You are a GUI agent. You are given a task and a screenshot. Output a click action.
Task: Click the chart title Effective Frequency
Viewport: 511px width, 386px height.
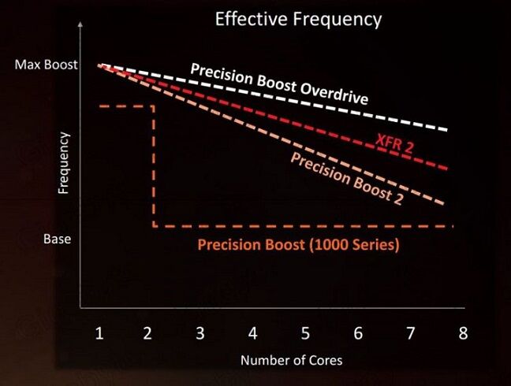[x=298, y=19]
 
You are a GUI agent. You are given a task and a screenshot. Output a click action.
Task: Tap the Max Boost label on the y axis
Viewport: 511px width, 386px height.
[x=47, y=64]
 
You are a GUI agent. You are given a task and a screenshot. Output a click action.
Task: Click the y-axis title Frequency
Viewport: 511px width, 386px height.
[x=64, y=163]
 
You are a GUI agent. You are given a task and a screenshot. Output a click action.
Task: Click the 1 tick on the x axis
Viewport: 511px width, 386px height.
[x=99, y=333]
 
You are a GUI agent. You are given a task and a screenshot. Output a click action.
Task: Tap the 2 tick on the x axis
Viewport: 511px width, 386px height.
[x=148, y=333]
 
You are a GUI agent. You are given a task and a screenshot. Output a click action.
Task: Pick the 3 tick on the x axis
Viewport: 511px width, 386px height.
[x=200, y=333]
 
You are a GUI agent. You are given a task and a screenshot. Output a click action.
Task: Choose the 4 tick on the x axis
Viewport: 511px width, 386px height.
[x=252, y=333]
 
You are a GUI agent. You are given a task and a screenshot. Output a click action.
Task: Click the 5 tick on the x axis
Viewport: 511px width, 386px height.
[x=305, y=333]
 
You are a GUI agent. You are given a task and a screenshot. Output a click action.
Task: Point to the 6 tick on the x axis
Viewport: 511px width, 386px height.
[x=358, y=333]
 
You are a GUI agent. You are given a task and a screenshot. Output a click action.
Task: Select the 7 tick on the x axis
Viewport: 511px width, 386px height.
[x=410, y=333]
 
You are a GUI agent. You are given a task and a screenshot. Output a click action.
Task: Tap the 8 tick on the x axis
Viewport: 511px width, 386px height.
[x=463, y=333]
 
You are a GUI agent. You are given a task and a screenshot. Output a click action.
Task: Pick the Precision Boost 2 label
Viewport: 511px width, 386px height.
[x=347, y=178]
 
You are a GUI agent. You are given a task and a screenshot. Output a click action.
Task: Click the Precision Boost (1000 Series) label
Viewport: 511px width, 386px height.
[x=298, y=245]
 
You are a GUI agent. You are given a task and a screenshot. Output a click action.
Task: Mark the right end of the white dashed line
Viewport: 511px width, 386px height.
[x=447, y=129]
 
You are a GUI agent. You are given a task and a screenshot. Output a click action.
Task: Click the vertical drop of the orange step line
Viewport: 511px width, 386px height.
[x=153, y=165]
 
